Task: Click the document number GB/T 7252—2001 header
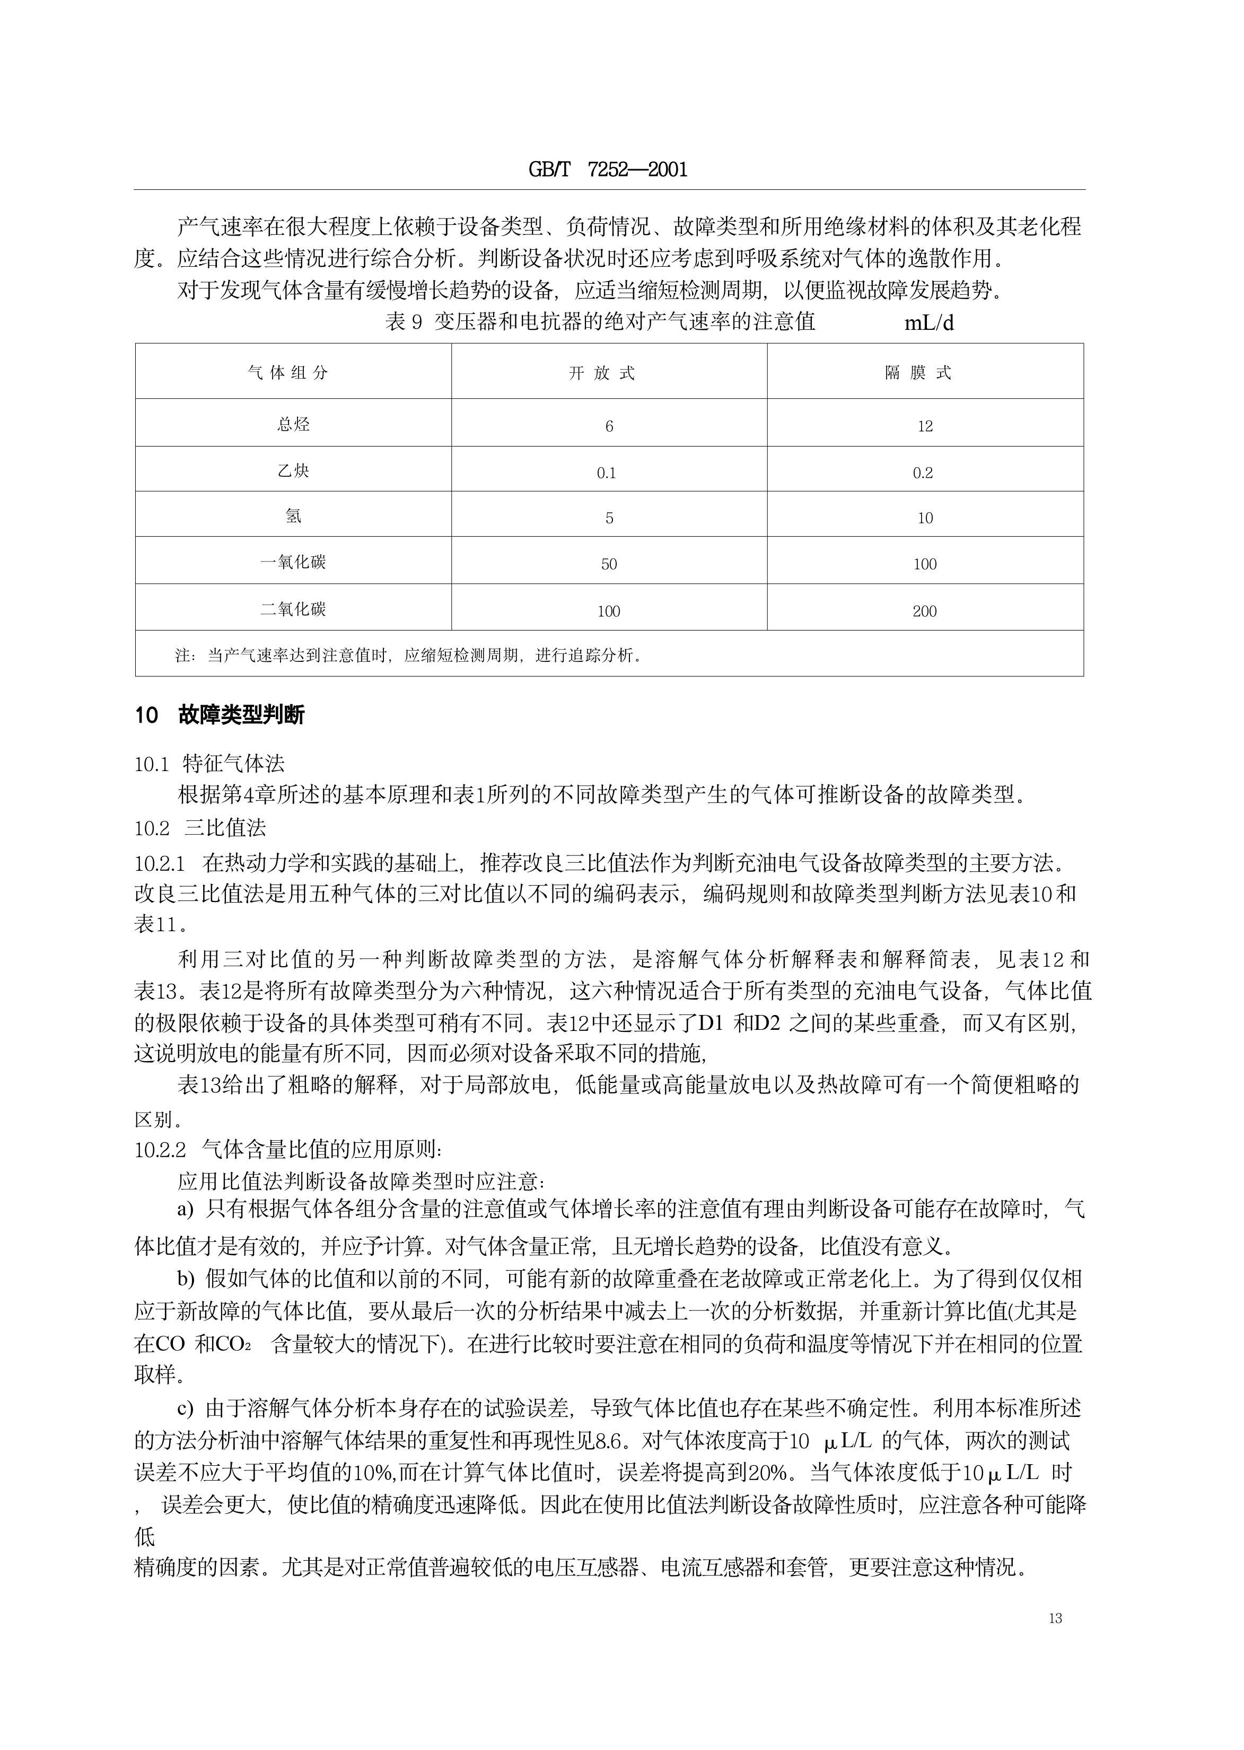click(x=608, y=170)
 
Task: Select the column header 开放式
click(x=602, y=374)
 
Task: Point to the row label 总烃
click(x=293, y=424)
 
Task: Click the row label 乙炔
click(x=293, y=470)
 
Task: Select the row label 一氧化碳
click(x=293, y=562)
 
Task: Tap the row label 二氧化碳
click(x=293, y=610)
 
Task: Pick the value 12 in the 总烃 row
click(x=925, y=426)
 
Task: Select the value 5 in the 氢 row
click(x=609, y=519)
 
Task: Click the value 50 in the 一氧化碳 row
click(x=609, y=564)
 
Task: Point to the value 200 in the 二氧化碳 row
click(x=925, y=611)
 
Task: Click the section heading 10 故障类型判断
click(x=220, y=715)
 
